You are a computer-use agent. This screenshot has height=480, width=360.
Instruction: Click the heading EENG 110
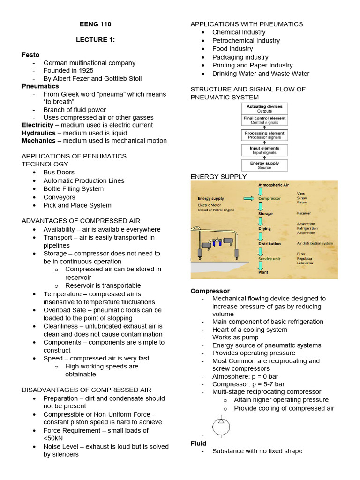tap(95, 24)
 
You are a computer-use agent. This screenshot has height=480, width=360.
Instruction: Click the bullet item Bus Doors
tap(59, 172)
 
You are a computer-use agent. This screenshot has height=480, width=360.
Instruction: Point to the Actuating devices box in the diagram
tap(264, 109)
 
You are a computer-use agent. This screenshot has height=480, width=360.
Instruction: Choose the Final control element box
tap(264, 120)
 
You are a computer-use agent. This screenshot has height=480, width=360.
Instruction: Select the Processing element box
tap(264, 135)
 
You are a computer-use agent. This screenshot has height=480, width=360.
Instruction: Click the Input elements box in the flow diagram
tap(264, 150)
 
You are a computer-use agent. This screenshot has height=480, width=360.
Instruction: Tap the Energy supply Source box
tap(264, 165)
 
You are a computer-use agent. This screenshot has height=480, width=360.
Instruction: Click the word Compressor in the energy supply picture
tap(270, 198)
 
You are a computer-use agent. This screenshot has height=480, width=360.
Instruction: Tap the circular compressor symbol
tap(221, 427)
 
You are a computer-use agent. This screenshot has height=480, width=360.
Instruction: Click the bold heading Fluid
tap(199, 443)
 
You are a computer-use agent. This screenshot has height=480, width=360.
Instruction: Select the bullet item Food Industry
tap(232, 49)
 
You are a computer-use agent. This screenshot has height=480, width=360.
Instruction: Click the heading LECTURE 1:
tap(95, 40)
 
